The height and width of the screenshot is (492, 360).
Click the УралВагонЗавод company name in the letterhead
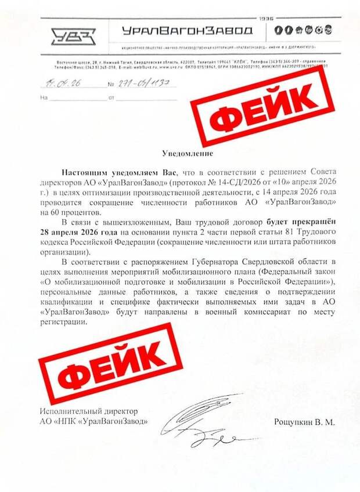pos(188,31)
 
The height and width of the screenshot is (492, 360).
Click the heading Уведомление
pos(188,154)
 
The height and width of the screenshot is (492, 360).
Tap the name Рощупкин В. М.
pos(304,423)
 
